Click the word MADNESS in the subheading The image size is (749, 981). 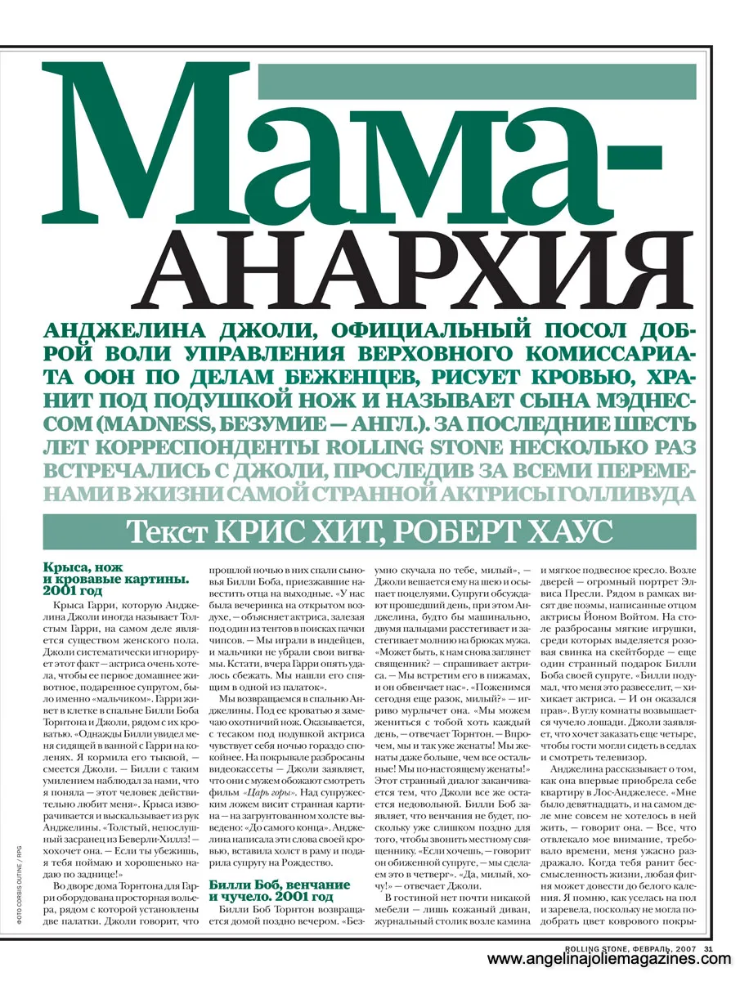tap(162, 425)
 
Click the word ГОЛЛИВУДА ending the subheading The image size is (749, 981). tap(627, 494)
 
